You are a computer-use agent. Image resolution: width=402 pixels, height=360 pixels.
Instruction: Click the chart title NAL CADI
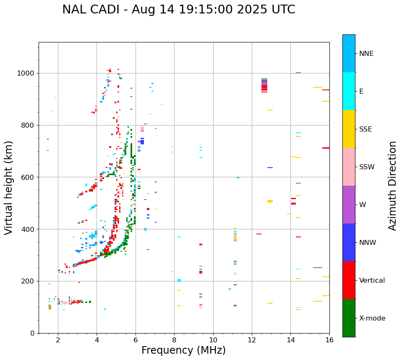click(x=178, y=10)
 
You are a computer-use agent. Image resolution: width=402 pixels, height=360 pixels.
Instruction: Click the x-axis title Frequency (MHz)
click(x=183, y=350)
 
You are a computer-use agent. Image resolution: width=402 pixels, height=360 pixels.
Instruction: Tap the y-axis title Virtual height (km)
click(x=9, y=188)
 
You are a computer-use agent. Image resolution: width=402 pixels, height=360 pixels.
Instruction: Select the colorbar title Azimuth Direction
click(x=392, y=186)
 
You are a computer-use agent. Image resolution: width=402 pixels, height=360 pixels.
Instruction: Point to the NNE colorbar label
click(x=366, y=54)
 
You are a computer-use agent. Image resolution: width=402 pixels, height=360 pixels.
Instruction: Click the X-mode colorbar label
click(x=372, y=318)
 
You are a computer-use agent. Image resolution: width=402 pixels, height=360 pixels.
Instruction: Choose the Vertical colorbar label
click(x=372, y=281)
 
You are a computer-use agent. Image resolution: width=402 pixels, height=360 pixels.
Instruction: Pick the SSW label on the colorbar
click(x=367, y=167)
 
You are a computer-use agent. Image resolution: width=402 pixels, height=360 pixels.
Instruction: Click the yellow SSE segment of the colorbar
click(x=349, y=129)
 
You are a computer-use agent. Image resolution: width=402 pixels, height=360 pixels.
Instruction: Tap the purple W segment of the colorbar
click(x=349, y=205)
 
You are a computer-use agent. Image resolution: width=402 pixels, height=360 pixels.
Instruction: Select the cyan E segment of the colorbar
click(x=349, y=91)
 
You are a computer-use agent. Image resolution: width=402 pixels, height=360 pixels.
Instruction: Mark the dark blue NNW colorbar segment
click(x=349, y=242)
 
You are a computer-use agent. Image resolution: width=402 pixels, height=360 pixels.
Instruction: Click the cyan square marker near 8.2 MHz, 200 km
click(x=179, y=280)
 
